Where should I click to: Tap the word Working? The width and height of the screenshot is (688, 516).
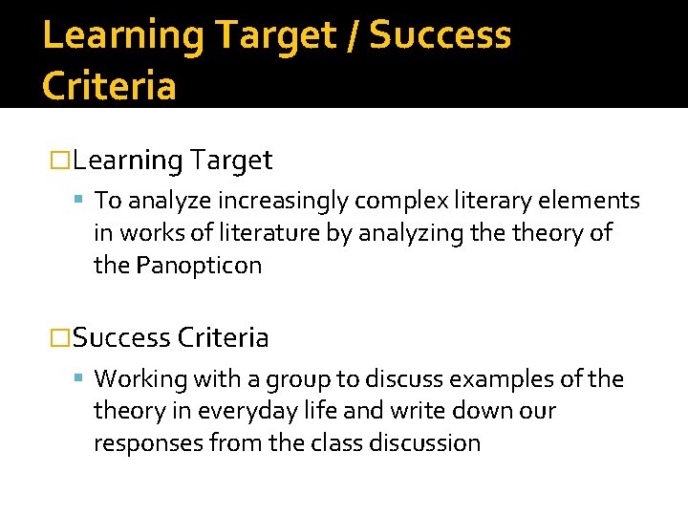click(140, 379)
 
